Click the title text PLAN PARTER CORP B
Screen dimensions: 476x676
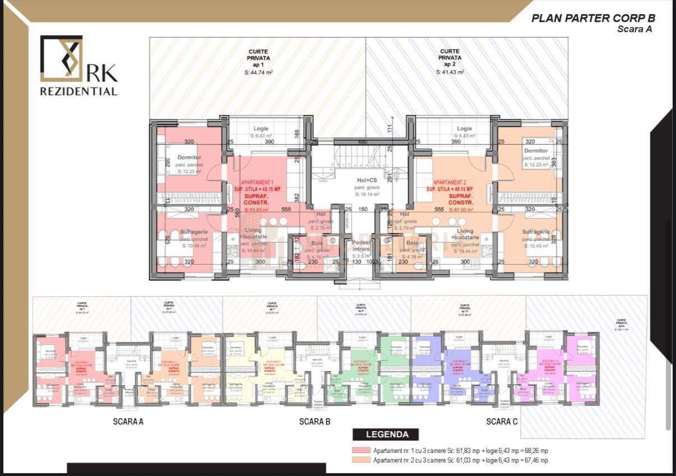(x=592, y=18)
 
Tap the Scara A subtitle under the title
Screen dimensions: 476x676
(x=634, y=29)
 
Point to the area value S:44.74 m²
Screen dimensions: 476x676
(x=258, y=72)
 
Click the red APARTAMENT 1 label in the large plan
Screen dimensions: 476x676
(x=257, y=183)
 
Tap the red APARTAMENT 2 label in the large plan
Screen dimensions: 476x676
(x=449, y=183)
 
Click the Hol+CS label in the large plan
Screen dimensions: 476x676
(x=367, y=181)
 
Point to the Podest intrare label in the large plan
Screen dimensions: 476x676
(x=361, y=245)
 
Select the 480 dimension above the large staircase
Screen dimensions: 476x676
(x=362, y=142)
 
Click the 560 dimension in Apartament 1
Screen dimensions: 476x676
(x=238, y=212)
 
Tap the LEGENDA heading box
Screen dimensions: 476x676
(x=387, y=434)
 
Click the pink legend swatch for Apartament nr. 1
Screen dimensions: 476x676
(x=362, y=451)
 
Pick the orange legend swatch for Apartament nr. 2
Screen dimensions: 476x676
(x=362, y=460)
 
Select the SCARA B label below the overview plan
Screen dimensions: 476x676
(x=314, y=422)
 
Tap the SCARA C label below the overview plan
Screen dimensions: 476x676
(x=502, y=422)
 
